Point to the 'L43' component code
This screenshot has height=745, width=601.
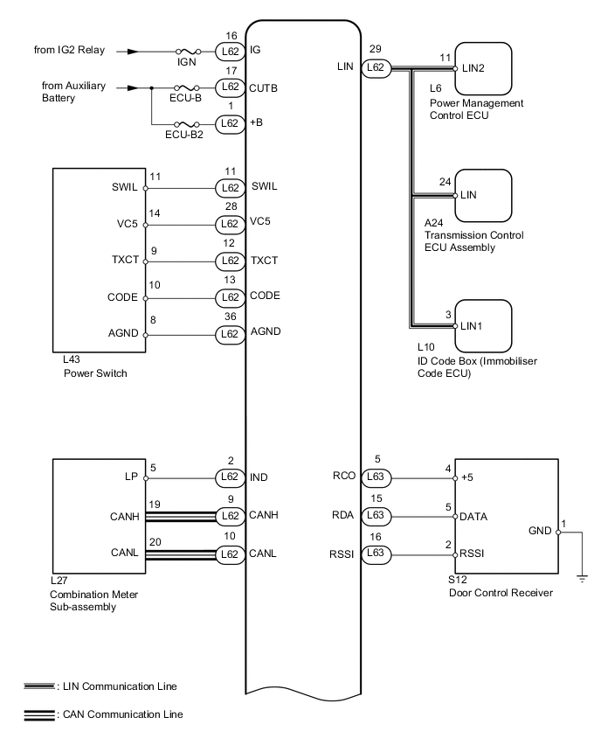pyautogui.click(x=62, y=363)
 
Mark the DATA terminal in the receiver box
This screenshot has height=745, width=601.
pyautogui.click(x=475, y=516)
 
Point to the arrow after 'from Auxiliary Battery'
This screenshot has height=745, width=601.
pyautogui.click(x=131, y=87)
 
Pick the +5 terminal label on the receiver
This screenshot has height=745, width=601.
pyautogui.click(x=468, y=479)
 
